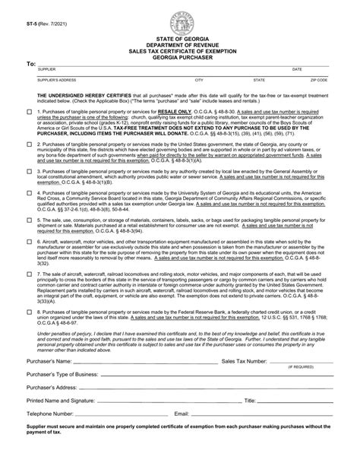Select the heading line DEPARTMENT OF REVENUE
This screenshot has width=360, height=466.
pyautogui.click(x=180, y=43)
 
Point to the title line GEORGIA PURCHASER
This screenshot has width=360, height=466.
pyautogui.click(x=180, y=56)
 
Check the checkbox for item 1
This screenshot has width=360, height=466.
pyautogui.click(x=29, y=112)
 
